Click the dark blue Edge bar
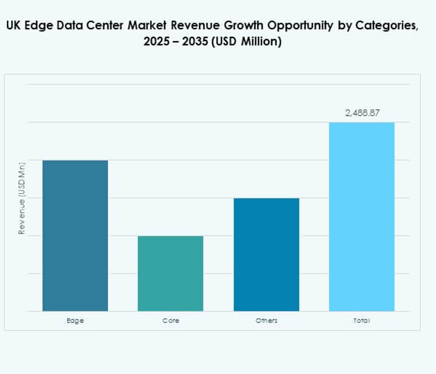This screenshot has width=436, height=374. (75, 236)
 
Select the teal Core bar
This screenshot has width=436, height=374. (170, 273)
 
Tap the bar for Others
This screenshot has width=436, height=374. (266, 255)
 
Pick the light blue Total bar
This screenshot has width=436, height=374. (361, 217)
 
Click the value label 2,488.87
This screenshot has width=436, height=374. (362, 113)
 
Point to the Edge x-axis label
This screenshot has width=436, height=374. (75, 320)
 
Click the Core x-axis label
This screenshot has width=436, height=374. (170, 320)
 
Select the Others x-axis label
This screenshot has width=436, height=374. (266, 320)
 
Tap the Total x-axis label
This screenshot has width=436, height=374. (361, 320)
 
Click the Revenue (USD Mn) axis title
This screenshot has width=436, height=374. (22, 198)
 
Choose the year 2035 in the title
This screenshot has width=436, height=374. (206, 43)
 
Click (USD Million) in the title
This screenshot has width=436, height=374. (252, 43)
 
